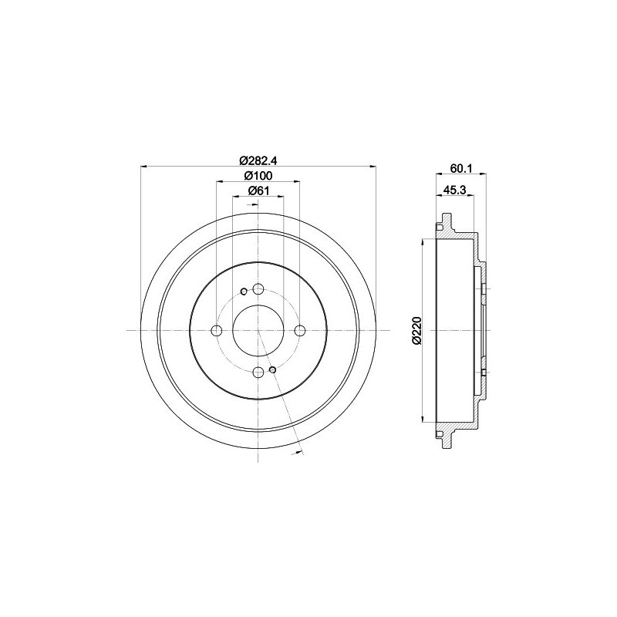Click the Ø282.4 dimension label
point(258,160)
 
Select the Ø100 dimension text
point(258,176)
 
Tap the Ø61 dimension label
point(258,190)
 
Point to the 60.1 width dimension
point(461,168)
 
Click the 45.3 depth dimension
point(455,190)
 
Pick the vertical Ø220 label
point(416,331)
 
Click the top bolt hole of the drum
point(258,289)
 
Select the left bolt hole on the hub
point(217,331)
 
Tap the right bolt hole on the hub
point(300,331)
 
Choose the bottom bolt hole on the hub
point(258,372)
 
